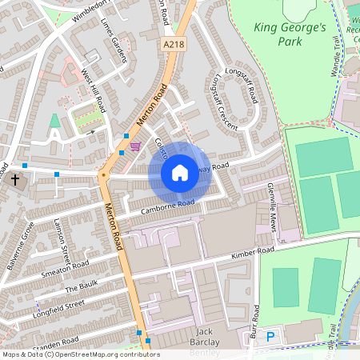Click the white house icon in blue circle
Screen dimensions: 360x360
pos(180,173)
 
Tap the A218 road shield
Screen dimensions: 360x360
pos(173,46)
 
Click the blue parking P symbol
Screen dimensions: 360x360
pos(270,338)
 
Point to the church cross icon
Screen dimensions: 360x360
pos(14,181)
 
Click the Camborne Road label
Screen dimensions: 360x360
pos(168,206)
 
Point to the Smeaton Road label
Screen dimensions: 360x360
pos(66,268)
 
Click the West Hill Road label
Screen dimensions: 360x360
pos(93,89)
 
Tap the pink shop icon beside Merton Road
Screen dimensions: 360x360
pos(134,146)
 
